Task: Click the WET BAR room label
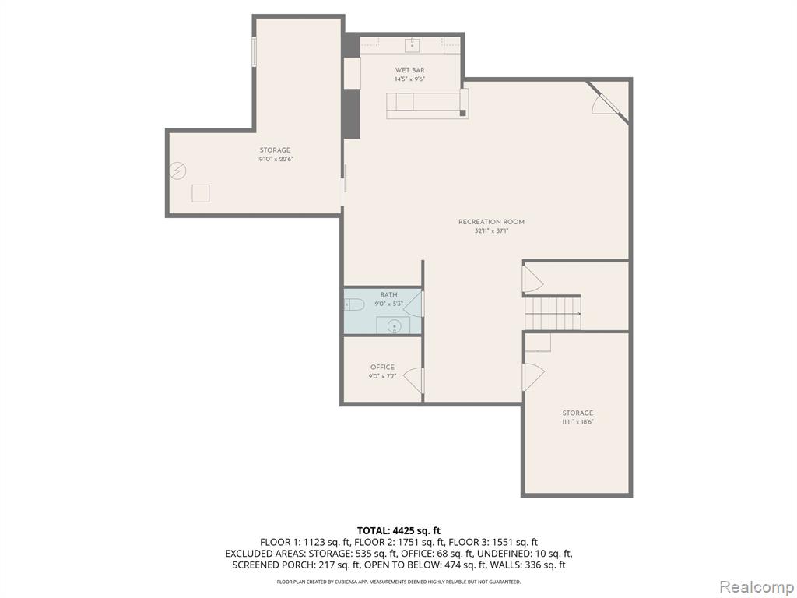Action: pos(409,70)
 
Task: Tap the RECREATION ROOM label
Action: pos(491,222)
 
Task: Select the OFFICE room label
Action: pos(382,368)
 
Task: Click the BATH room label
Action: pos(389,295)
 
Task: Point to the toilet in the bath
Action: pos(354,305)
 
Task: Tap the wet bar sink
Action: pos(413,45)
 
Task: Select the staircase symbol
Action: pos(553,314)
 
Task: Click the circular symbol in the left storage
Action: pos(178,171)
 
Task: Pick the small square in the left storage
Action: pos(201,193)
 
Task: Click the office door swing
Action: pos(414,380)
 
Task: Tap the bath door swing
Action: pos(413,304)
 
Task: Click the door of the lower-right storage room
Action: pos(534,377)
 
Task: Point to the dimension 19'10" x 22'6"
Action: pos(275,159)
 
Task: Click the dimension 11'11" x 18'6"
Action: pos(578,421)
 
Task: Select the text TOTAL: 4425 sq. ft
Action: pos(398,531)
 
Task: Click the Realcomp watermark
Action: pos(757,586)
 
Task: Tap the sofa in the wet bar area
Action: pos(427,104)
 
